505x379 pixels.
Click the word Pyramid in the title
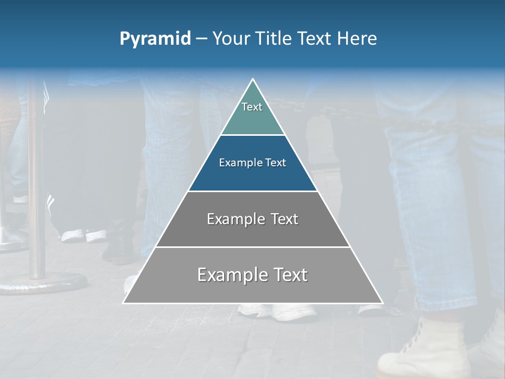coord(155,39)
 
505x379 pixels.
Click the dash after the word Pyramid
coord(201,39)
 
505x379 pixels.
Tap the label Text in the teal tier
coord(252,107)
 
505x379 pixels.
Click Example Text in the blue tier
coord(252,163)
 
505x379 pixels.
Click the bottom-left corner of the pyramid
coord(124,303)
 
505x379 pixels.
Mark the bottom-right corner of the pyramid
coord(382,303)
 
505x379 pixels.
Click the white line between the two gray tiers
coord(252,247)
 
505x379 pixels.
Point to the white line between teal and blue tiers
coord(252,135)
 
